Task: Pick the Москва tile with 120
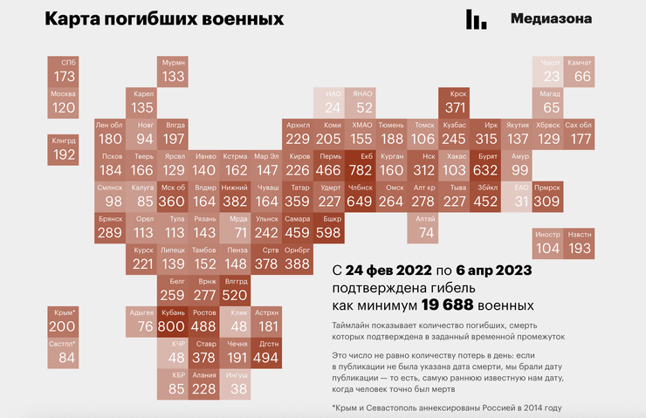coord(65,103)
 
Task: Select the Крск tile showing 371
coord(454,103)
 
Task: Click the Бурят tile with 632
coord(485,165)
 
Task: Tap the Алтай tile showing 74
coord(425,227)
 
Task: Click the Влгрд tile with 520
coord(236,290)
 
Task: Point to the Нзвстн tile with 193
coord(580,243)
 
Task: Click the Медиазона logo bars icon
coord(477,19)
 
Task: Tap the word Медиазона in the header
coord(551,18)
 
